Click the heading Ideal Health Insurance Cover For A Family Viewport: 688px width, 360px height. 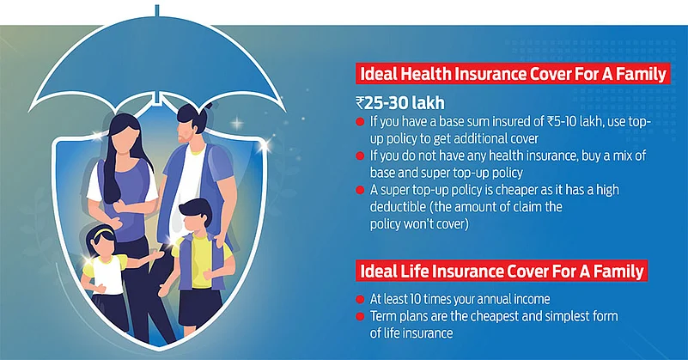513,74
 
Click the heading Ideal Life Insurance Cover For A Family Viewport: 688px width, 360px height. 502,272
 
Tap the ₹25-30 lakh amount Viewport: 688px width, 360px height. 400,103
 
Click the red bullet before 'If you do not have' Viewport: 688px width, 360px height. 360,156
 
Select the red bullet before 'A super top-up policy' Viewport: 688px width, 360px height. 360,190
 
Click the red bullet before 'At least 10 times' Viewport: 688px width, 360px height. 360,299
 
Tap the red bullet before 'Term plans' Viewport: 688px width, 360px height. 360,316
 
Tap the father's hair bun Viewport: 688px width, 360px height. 208,106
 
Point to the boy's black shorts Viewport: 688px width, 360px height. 200,308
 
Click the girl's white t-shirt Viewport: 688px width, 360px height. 108,274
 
